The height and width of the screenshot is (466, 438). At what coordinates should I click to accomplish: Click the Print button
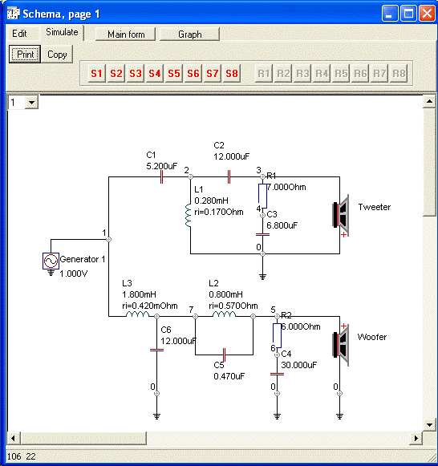(25, 54)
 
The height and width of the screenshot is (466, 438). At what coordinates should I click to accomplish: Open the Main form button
(126, 34)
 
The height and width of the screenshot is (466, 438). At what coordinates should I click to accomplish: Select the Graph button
(190, 34)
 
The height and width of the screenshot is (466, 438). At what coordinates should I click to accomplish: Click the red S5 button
(174, 74)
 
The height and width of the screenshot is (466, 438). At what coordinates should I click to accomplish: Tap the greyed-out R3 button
(302, 74)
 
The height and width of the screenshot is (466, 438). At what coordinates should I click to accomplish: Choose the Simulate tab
(62, 32)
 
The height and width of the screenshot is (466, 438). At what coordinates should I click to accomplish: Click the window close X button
(427, 14)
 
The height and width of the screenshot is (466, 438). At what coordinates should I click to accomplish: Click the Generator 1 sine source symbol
(51, 261)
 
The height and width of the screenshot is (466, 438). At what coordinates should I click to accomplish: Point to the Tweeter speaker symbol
(341, 215)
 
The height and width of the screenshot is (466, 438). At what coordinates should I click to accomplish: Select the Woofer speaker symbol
(341, 345)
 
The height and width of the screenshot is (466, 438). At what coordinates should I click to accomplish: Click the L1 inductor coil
(188, 216)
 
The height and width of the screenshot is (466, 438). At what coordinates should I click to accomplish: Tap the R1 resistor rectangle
(262, 196)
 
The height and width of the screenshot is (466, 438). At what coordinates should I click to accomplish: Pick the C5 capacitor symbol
(225, 355)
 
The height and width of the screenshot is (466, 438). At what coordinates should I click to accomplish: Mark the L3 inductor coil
(138, 314)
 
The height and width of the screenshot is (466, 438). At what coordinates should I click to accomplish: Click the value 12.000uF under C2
(232, 156)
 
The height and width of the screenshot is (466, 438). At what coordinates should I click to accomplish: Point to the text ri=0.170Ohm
(219, 212)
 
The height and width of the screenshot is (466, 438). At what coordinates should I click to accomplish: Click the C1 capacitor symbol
(161, 176)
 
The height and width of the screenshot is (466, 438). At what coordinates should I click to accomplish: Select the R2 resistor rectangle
(277, 335)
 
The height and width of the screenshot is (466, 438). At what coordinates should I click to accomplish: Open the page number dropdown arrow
(31, 103)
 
